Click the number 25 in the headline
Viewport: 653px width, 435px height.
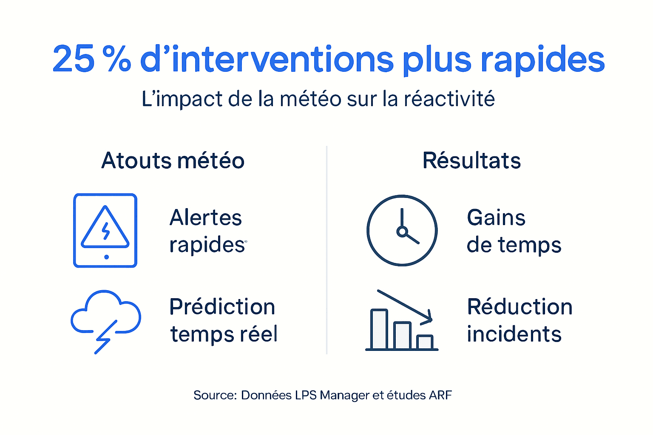pyautogui.click(x=73, y=59)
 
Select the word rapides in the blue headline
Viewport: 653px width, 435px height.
pyautogui.click(x=542, y=60)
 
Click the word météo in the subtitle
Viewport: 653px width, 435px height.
pyautogui.click(x=311, y=99)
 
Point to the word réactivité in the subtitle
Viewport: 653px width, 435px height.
pyautogui.click(x=449, y=99)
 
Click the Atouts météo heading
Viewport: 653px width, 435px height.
pyautogui.click(x=173, y=161)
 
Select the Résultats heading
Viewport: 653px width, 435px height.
pyautogui.click(x=471, y=161)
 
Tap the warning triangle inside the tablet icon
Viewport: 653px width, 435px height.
pyautogui.click(x=105, y=228)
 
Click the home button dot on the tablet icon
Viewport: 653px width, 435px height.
pyautogui.click(x=106, y=257)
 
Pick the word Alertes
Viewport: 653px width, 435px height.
pyautogui.click(x=206, y=217)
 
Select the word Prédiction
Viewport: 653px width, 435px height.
pyautogui.click(x=222, y=307)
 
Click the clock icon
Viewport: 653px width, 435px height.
pyautogui.click(x=402, y=231)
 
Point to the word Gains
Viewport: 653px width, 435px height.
pyautogui.click(x=496, y=217)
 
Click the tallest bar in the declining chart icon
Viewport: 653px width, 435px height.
pyautogui.click(x=379, y=329)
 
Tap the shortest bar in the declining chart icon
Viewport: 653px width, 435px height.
pyautogui.click(x=425, y=342)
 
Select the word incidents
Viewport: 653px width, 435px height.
pyautogui.click(x=514, y=334)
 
